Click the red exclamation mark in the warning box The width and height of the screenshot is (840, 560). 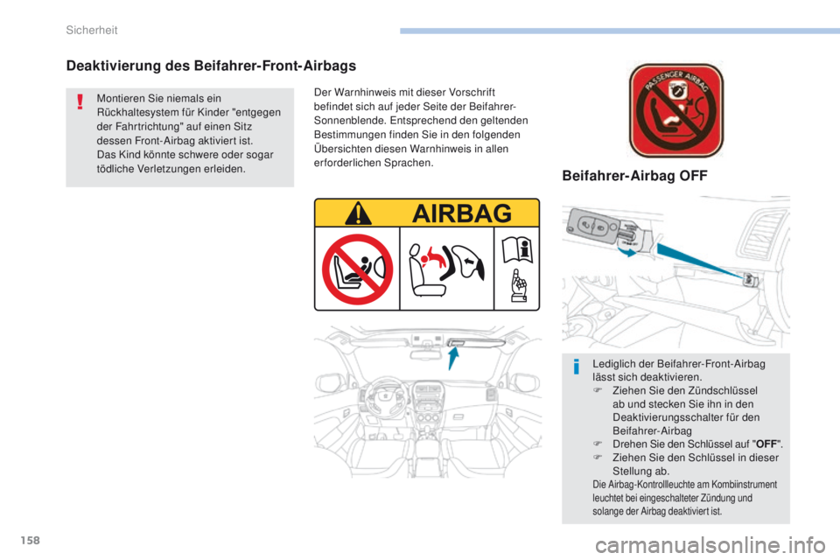point(80,105)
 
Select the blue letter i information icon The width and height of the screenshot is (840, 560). point(577,367)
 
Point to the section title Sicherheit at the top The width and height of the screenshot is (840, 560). point(92,31)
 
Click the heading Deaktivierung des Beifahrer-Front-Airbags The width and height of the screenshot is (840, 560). point(211,65)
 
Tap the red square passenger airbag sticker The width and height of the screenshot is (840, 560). point(676,110)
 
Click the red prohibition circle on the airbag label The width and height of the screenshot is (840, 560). point(357,269)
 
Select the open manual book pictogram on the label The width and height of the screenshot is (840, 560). point(519,254)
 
